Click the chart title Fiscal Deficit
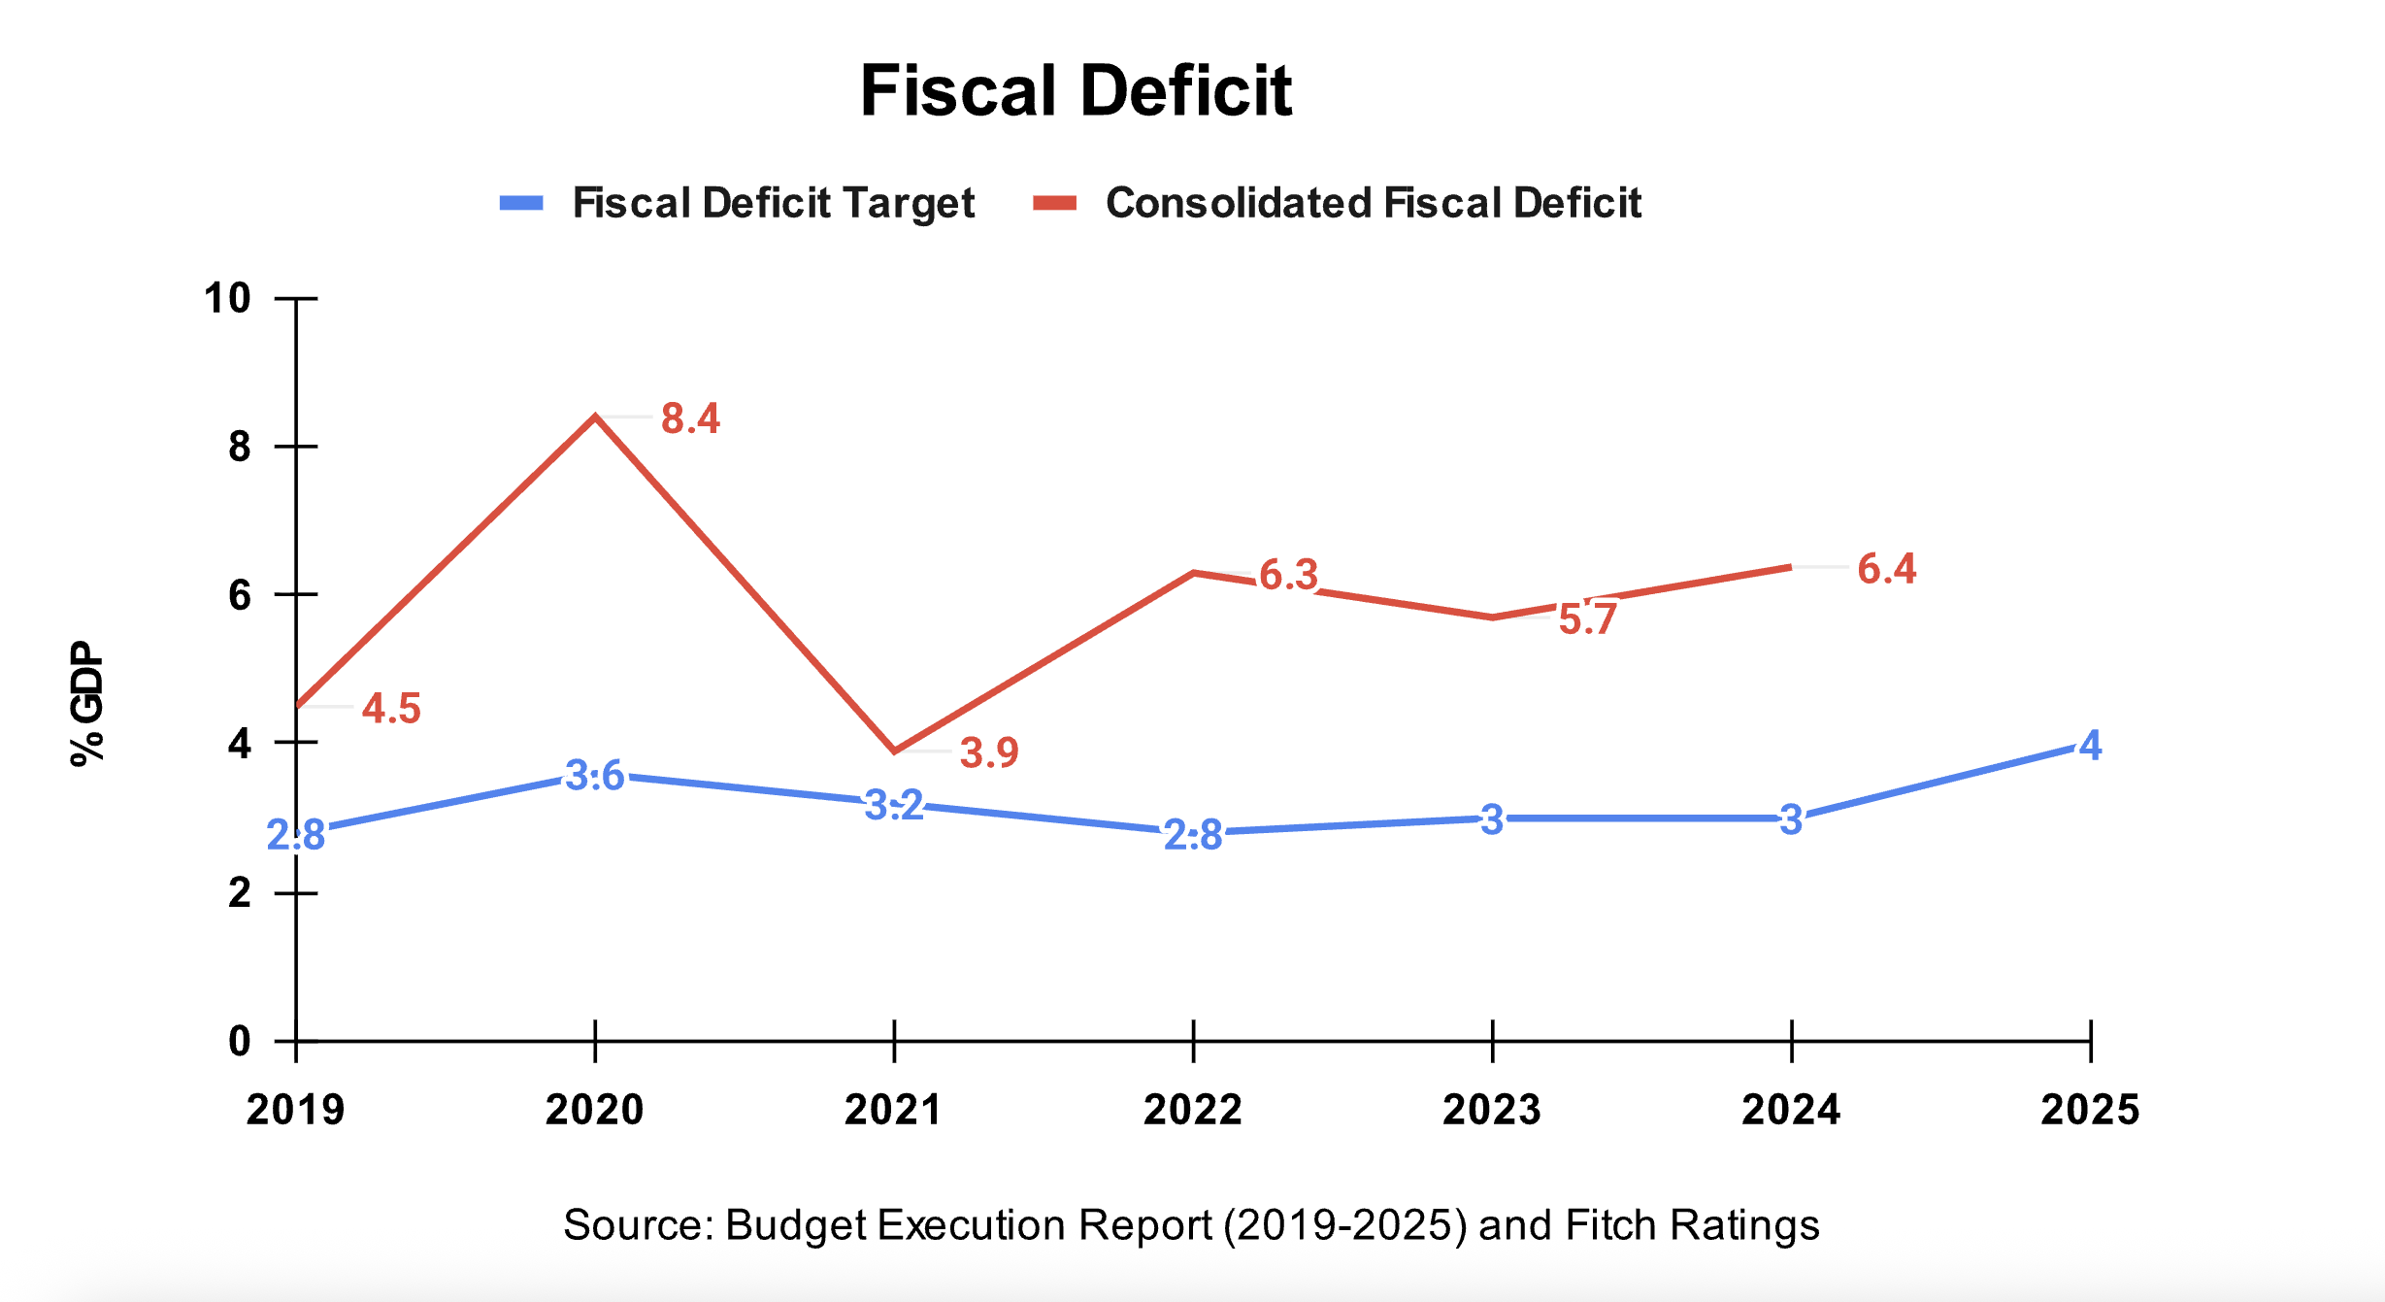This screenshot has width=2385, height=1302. (1076, 91)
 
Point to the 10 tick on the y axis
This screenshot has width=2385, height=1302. (227, 299)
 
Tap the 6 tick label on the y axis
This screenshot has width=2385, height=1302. (239, 595)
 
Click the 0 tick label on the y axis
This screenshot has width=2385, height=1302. (239, 1042)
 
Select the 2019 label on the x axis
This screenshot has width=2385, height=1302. (295, 1110)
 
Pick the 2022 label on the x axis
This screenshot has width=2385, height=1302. (1193, 1110)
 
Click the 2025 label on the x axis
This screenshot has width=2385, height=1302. (2090, 1110)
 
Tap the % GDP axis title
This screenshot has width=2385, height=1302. (87, 703)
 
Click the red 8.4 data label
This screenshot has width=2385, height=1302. (690, 418)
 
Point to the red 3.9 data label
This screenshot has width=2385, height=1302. (989, 752)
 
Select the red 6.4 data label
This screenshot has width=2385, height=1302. (1886, 569)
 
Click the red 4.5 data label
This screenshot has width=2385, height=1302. (391, 709)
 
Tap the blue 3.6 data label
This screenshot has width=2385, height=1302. (595, 776)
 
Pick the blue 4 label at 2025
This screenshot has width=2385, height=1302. (2090, 746)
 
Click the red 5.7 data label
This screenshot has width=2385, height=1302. (1587, 619)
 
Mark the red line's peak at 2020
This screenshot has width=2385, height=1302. (595, 417)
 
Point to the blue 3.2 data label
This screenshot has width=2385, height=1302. (894, 805)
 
